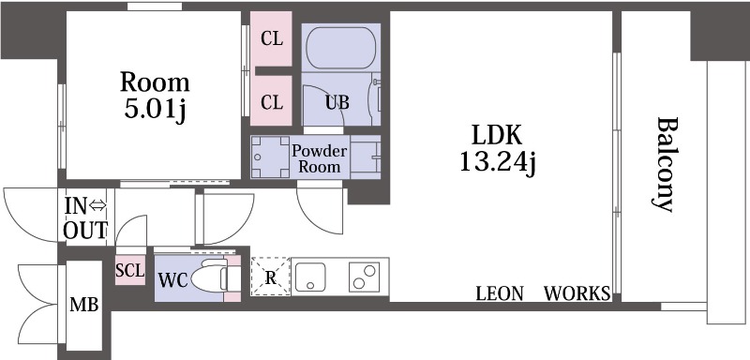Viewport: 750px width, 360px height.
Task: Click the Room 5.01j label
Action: tap(155, 96)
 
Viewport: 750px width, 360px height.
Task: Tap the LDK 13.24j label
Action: tap(498, 149)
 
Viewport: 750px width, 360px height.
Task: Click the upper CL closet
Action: tap(271, 39)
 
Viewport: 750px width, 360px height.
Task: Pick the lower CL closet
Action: tap(271, 101)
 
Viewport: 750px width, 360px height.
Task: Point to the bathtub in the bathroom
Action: tap(340, 49)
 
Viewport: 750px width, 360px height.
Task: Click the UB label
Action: tap(337, 102)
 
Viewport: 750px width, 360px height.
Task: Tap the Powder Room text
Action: tap(319, 159)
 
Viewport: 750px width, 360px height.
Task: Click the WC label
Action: tap(172, 280)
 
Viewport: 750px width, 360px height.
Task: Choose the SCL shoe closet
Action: tap(130, 270)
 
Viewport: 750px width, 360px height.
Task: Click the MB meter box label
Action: tap(84, 304)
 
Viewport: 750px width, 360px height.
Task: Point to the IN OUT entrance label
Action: tap(85, 218)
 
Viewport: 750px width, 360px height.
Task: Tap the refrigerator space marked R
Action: tap(271, 277)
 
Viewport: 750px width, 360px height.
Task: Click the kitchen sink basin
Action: tap(310, 277)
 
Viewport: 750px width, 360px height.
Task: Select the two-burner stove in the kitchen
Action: tap(365, 277)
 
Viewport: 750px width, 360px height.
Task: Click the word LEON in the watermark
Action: tap(500, 293)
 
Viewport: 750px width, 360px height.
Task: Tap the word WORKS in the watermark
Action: tap(577, 293)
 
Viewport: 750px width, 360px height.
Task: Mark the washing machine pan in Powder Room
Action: tap(270, 157)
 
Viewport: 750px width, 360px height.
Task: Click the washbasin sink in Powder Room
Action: tap(366, 157)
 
